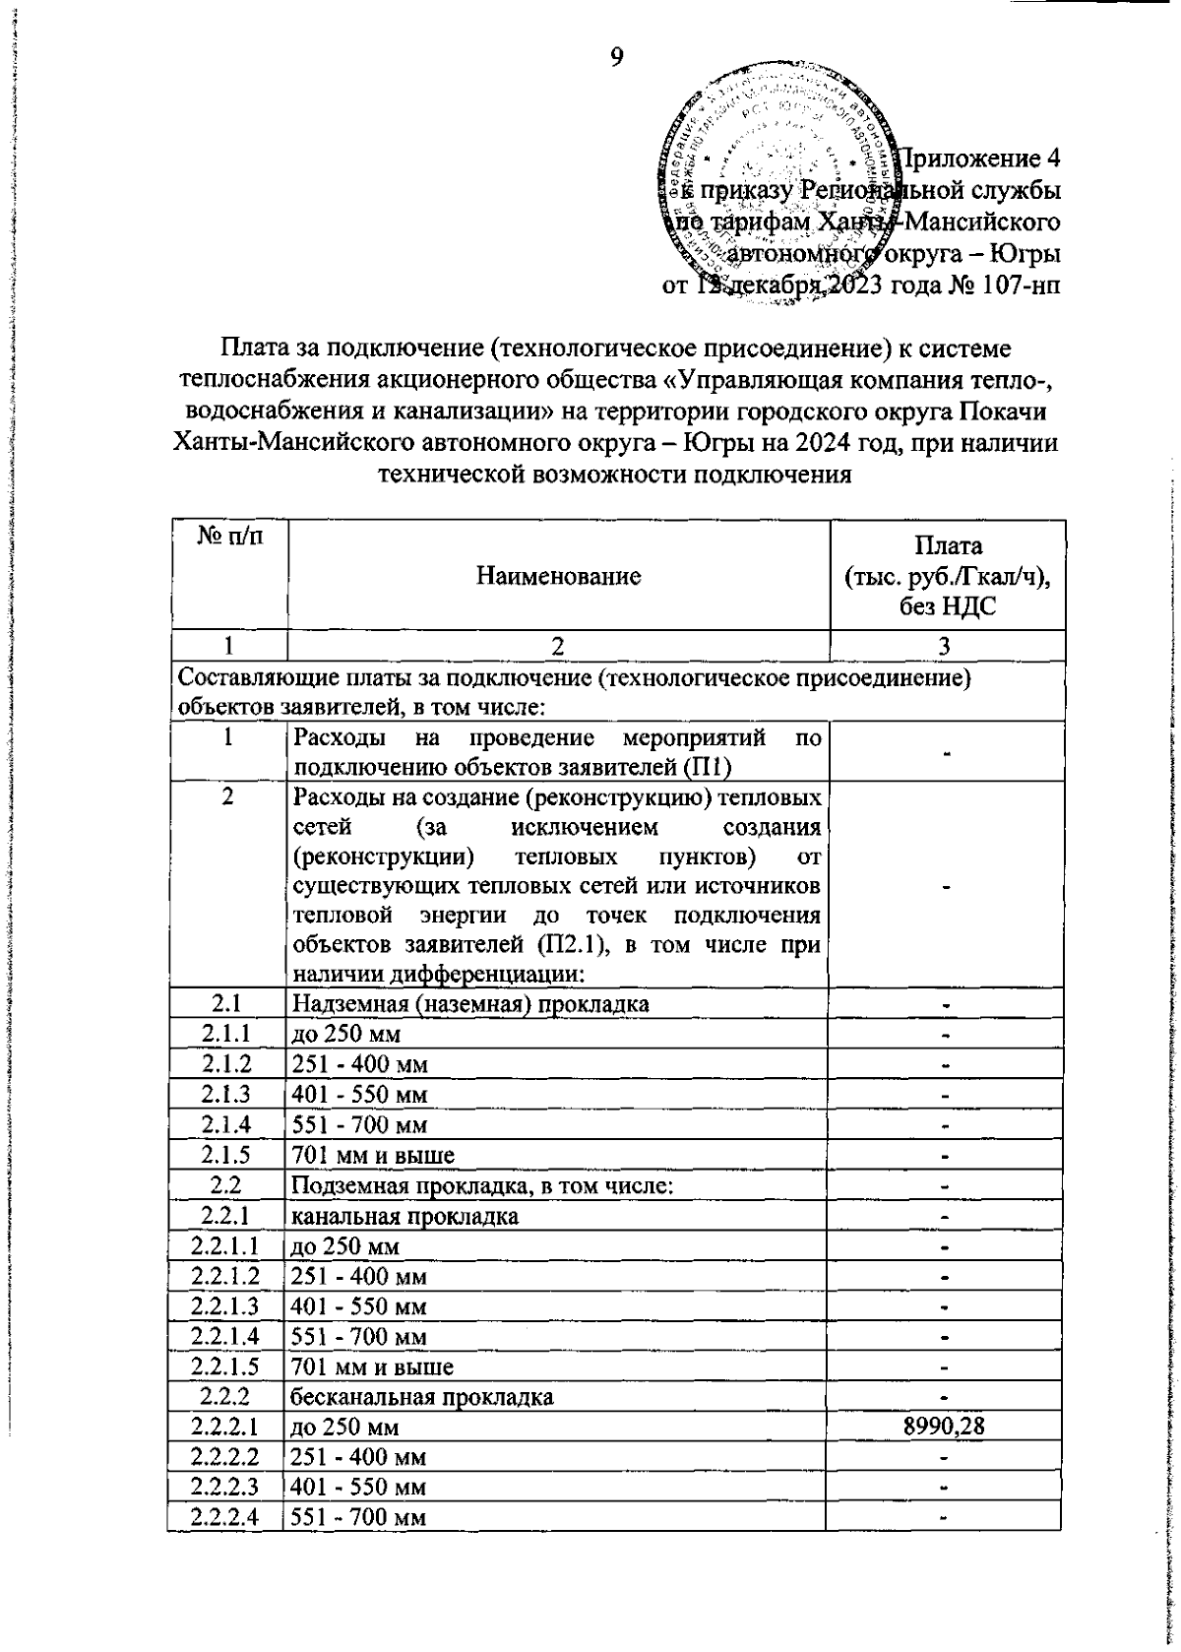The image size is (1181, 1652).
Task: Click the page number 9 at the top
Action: [617, 57]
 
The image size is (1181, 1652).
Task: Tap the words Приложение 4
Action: [982, 158]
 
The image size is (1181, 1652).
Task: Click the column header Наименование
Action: [558, 576]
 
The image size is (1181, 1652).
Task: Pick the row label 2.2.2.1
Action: [227, 1427]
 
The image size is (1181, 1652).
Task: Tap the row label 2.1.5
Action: [227, 1154]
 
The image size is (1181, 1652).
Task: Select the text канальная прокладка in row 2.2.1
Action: [406, 1215]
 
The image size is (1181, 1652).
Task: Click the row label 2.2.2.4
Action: [227, 1517]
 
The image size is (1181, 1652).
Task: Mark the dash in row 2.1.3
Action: [945, 1094]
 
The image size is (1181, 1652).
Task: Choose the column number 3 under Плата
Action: [945, 646]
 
